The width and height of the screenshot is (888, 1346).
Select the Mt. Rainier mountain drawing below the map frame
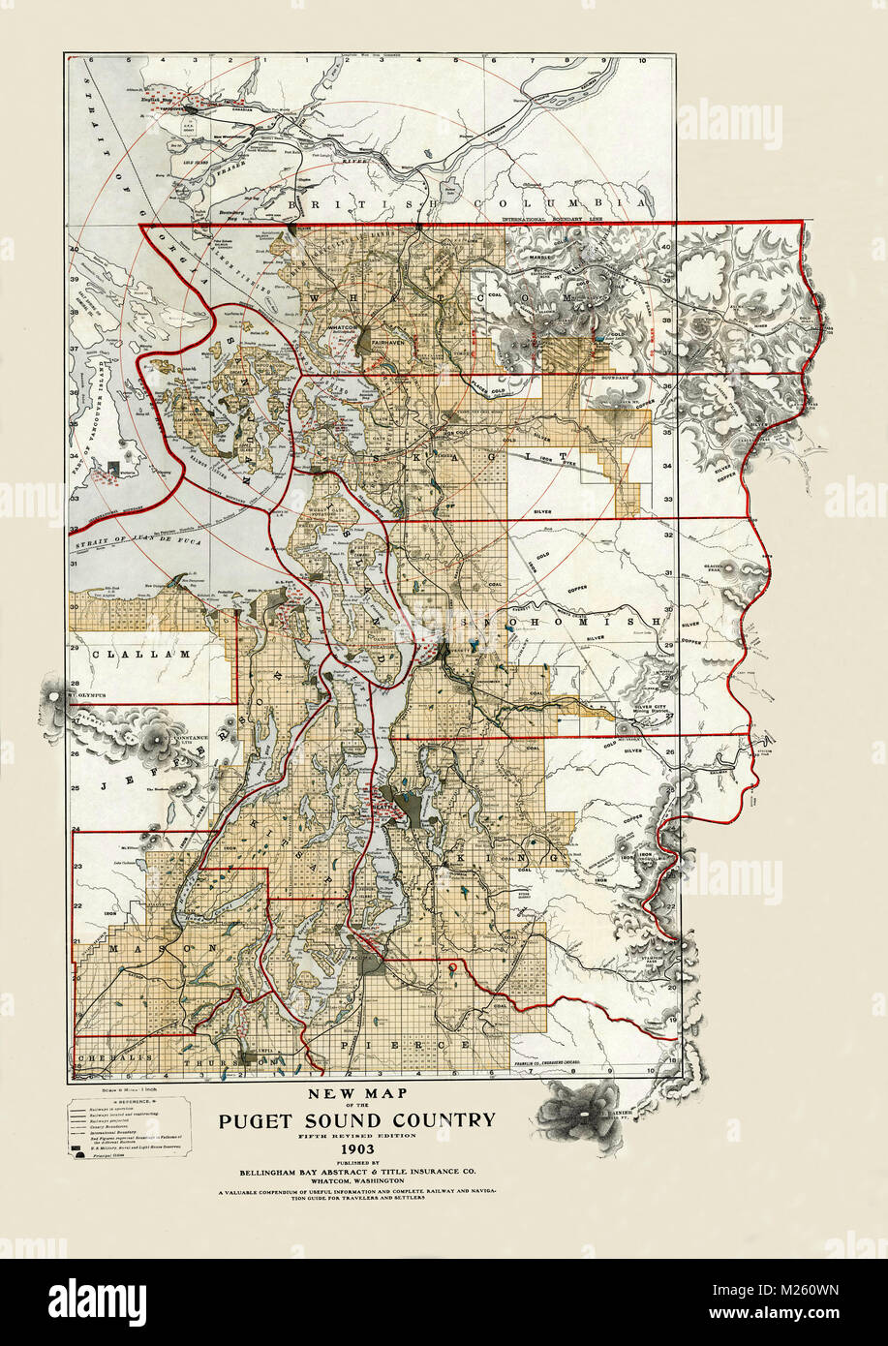click(x=581, y=1109)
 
